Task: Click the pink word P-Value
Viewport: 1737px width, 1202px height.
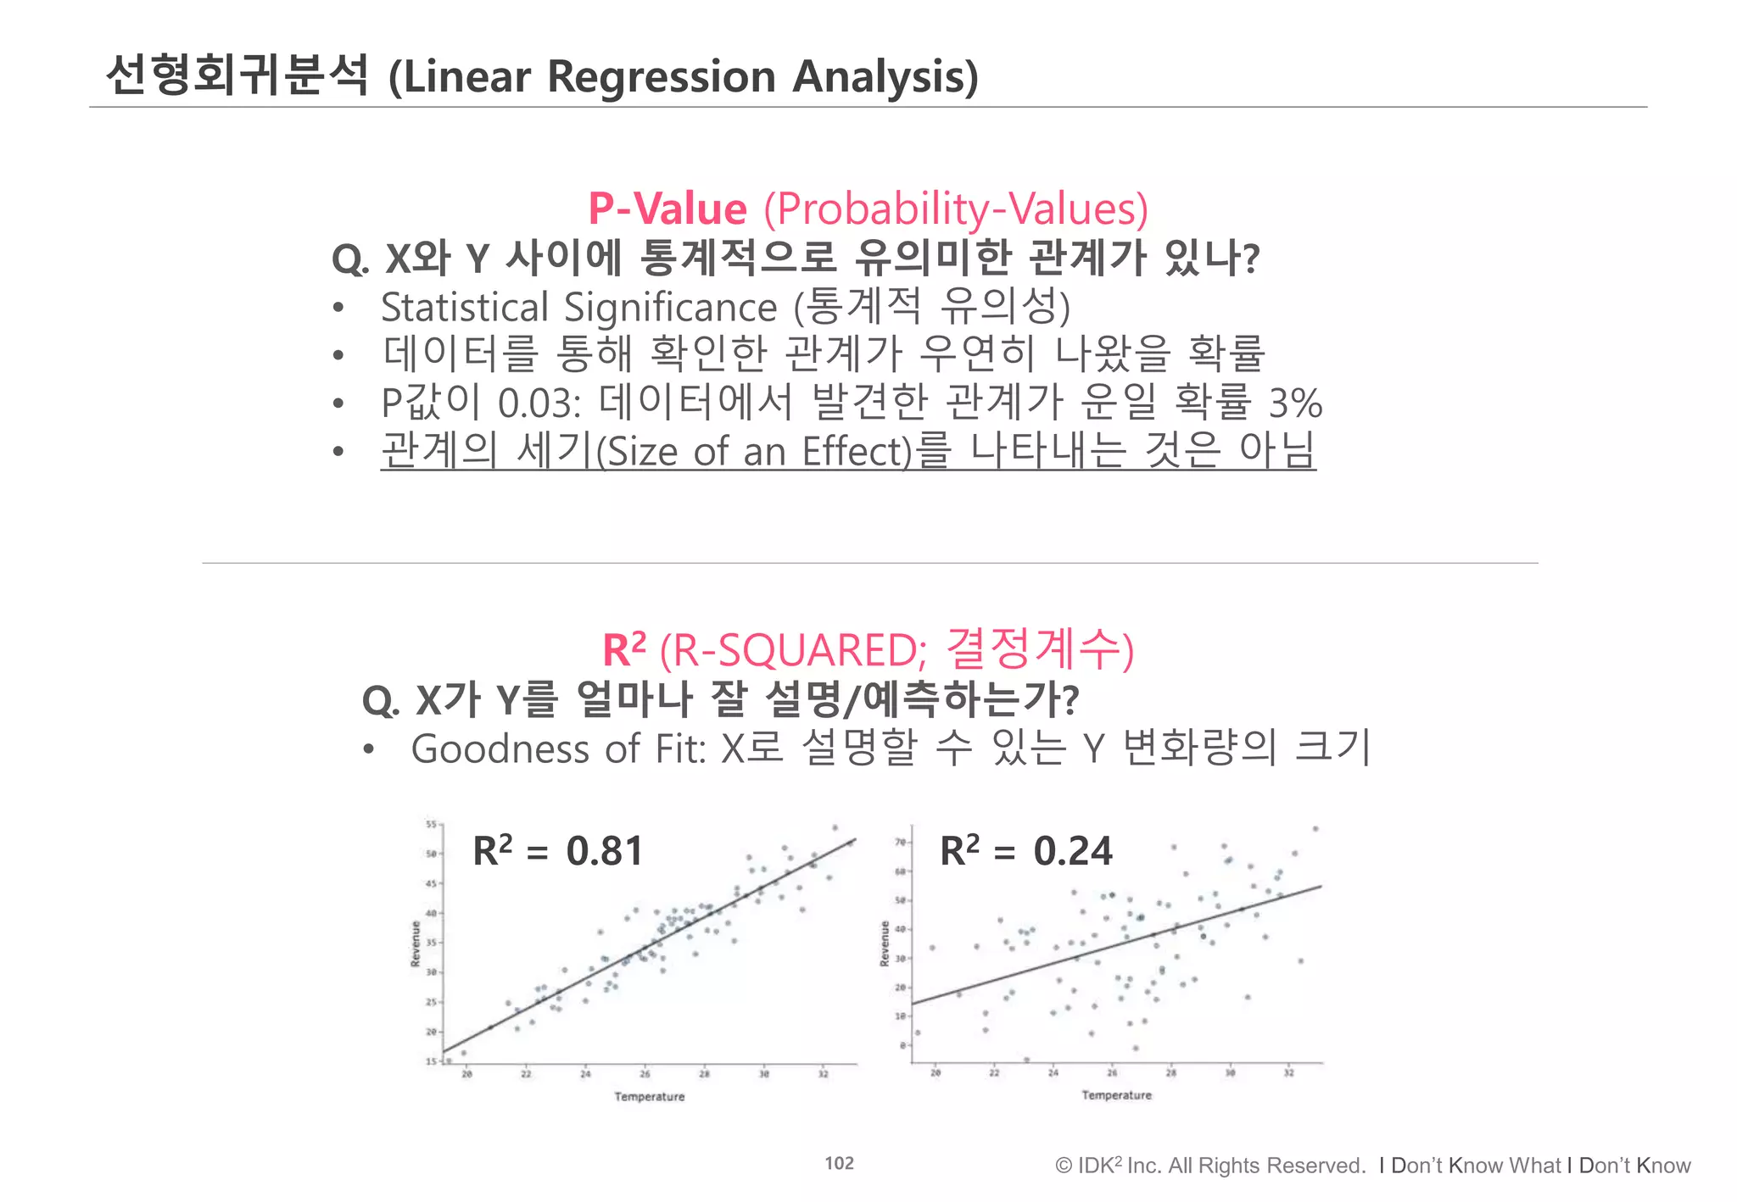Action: pyautogui.click(x=667, y=209)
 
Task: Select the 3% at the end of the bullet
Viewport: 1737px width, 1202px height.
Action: pyautogui.click(x=1295, y=403)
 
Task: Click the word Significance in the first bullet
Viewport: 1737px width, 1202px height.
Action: pyautogui.click(x=670, y=307)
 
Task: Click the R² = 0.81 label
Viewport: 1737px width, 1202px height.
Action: pyautogui.click(x=558, y=850)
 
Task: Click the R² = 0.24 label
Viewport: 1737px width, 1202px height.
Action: pyautogui.click(x=1025, y=850)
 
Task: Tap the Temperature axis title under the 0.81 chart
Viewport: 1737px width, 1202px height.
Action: pyautogui.click(x=649, y=1097)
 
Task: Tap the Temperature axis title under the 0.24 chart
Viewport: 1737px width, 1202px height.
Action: pyautogui.click(x=1116, y=1095)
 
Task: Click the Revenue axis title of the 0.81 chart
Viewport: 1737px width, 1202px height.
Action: pyautogui.click(x=416, y=943)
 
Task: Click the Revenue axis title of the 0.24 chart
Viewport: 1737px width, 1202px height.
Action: pyautogui.click(x=885, y=943)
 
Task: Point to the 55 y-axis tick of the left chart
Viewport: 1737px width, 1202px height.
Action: pyautogui.click(x=430, y=824)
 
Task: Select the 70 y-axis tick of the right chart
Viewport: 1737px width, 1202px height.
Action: pyautogui.click(x=900, y=843)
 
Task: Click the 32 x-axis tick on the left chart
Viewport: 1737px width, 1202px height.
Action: pyautogui.click(x=823, y=1074)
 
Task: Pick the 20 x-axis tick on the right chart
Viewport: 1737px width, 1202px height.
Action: pyautogui.click(x=936, y=1073)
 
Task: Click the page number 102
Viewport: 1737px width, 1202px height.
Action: pyautogui.click(x=839, y=1164)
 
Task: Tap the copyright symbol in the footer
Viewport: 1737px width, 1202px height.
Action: pyautogui.click(x=1064, y=1166)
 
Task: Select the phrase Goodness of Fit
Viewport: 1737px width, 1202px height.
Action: pyautogui.click(x=556, y=749)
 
